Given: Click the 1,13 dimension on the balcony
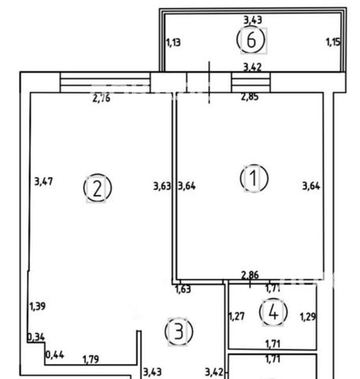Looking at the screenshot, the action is pyautogui.click(x=174, y=43).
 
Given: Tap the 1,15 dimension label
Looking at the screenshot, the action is pyautogui.click(x=333, y=42).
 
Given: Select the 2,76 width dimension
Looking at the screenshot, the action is pyautogui.click(x=102, y=98).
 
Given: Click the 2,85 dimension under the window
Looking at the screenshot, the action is pyautogui.click(x=249, y=96).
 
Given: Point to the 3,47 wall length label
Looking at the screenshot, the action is pyautogui.click(x=43, y=182).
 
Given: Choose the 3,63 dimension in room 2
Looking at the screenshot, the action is pyautogui.click(x=162, y=186).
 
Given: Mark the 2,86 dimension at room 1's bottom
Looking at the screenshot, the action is pyautogui.click(x=250, y=275).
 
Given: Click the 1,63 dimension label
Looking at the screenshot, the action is pyautogui.click(x=183, y=289).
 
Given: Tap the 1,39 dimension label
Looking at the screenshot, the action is pyautogui.click(x=37, y=306).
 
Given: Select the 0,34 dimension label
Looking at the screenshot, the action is pyautogui.click(x=36, y=337).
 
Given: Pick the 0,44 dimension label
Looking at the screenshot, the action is pyautogui.click(x=55, y=355).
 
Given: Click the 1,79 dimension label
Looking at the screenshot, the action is pyautogui.click(x=91, y=359).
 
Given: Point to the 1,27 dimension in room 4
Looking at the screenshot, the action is pyautogui.click(x=237, y=317).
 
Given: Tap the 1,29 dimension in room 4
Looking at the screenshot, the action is pyautogui.click(x=308, y=317).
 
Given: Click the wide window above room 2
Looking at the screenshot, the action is pyautogui.click(x=105, y=82).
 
